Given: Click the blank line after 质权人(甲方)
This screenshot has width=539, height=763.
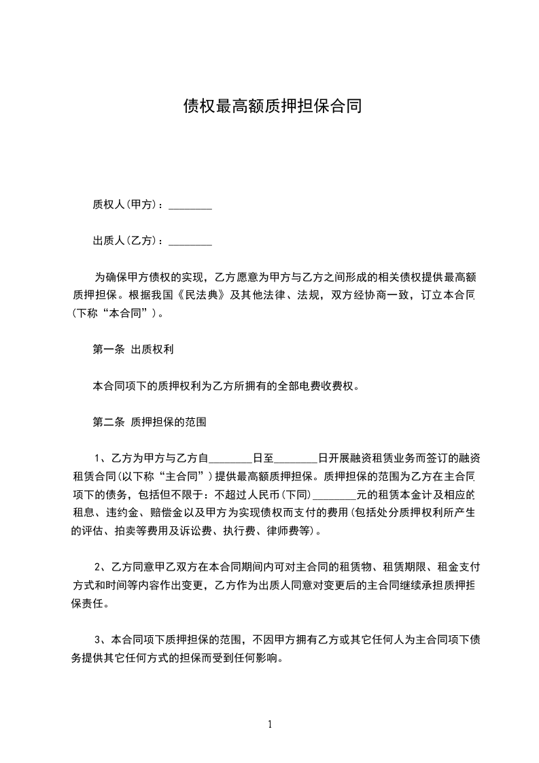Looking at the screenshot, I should (190, 205).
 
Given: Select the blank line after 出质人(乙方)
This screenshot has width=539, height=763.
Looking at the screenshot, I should (190, 241).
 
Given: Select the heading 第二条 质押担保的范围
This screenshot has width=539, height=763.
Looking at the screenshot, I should (149, 422).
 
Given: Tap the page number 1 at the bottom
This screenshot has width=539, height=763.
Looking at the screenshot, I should (270, 724).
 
